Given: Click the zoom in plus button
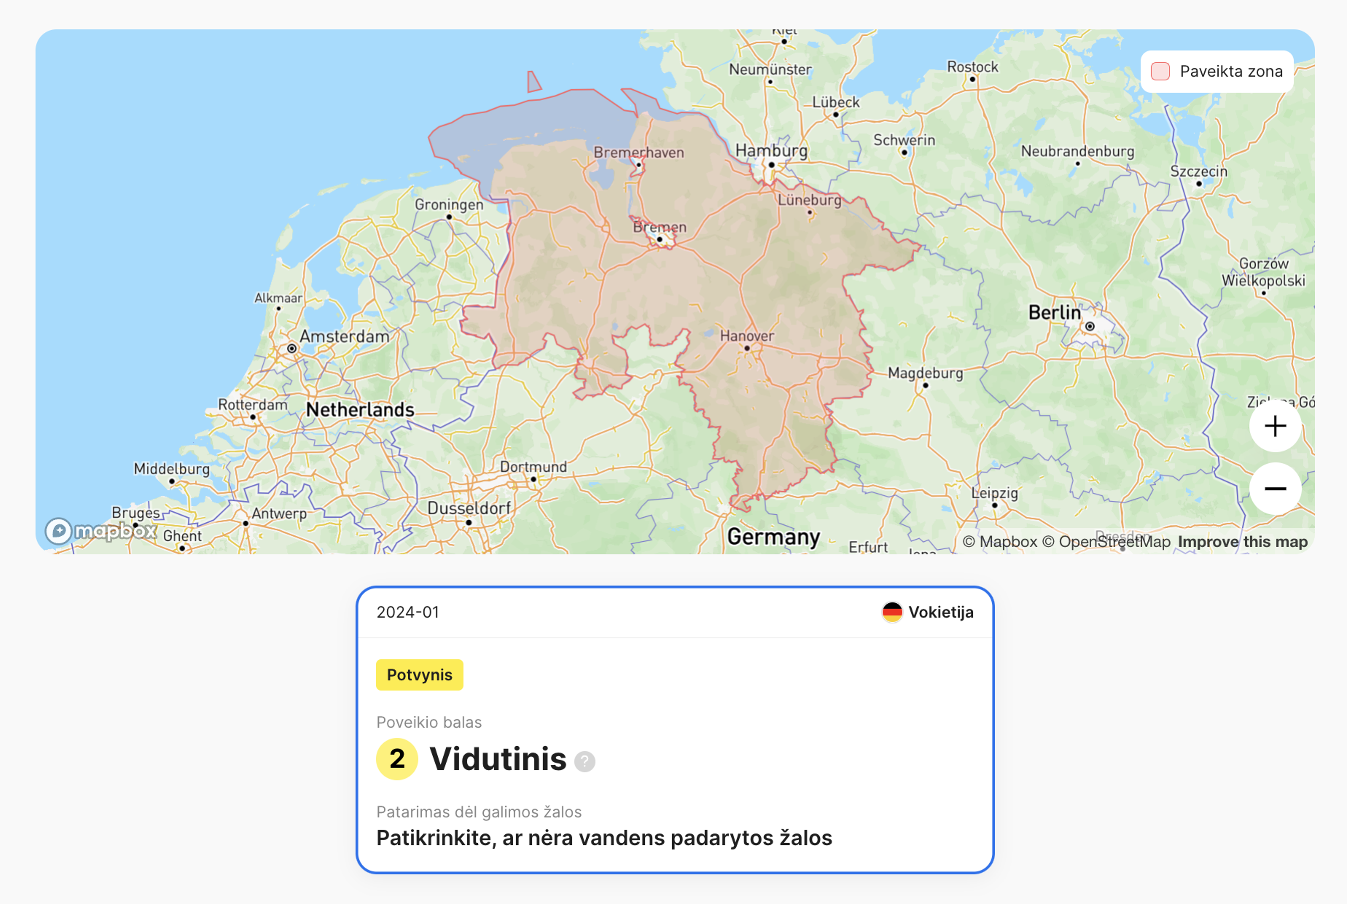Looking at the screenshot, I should (1275, 427).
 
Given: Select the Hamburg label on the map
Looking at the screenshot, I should (771, 150).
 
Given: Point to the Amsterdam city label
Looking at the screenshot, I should (344, 336).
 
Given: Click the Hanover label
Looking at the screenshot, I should (746, 336).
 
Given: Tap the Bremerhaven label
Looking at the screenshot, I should (639, 152).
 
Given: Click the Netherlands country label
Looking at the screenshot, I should (360, 409).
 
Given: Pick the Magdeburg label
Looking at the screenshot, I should (925, 373).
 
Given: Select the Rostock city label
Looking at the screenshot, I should (972, 67).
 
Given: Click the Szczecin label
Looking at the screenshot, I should (1198, 171).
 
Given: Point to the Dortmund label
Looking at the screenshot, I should (533, 467).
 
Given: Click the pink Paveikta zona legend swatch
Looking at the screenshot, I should (1160, 72).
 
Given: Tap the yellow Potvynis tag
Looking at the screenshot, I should (419, 675).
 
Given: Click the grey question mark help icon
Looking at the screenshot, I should (584, 762).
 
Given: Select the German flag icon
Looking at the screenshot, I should (892, 612).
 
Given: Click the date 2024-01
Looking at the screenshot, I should (408, 612).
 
